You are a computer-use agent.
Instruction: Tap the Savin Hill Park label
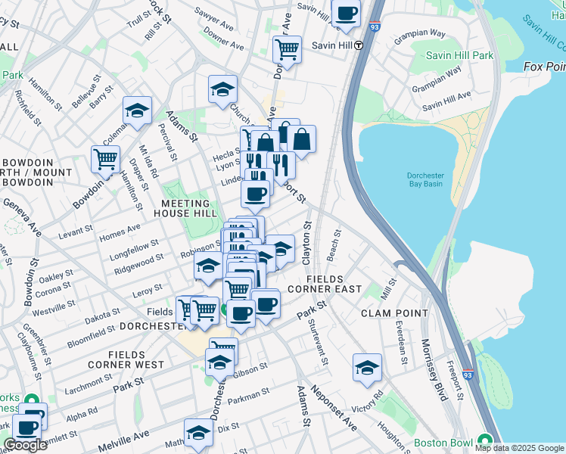459,55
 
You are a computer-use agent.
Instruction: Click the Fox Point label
544,67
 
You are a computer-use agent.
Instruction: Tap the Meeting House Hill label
185,208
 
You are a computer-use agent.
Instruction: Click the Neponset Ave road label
338,409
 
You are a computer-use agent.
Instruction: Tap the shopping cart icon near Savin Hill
287,50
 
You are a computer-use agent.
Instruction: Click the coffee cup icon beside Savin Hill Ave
346,13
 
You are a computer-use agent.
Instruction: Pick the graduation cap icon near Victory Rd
367,368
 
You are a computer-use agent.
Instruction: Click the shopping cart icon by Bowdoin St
105,159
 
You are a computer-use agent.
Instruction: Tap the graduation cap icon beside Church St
222,89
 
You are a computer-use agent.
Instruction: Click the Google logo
25,445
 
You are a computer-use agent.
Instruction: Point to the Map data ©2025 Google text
518,448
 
